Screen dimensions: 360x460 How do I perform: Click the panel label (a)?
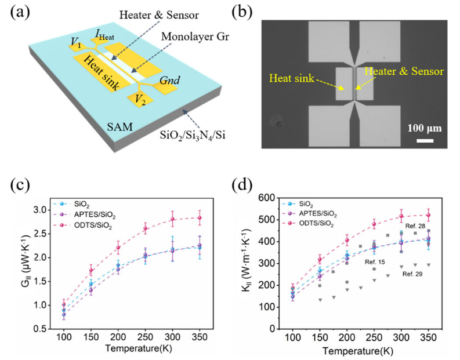click(x=20, y=13)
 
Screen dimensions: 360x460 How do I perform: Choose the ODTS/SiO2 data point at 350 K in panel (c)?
click(x=200, y=218)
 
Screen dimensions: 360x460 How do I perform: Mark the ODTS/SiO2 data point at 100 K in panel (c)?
click(x=64, y=304)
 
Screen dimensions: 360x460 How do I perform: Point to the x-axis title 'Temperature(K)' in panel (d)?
click(x=360, y=351)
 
